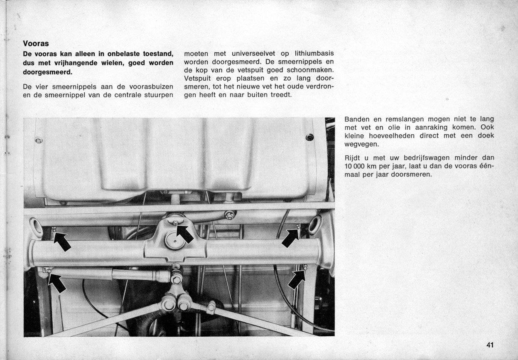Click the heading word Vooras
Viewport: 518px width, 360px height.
click(36, 44)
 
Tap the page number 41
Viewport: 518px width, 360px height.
click(490, 345)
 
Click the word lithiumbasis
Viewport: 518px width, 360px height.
click(314, 54)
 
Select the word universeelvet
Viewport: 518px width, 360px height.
click(253, 54)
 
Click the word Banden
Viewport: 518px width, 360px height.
click(357, 119)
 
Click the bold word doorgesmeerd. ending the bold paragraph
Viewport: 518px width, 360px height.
click(48, 72)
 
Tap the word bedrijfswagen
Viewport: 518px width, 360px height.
click(427, 158)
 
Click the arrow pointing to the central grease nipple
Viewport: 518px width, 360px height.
click(185, 234)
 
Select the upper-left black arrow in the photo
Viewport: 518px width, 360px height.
click(62, 242)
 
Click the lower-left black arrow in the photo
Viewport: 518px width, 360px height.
click(57, 283)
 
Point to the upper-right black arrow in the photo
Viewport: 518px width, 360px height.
click(290, 238)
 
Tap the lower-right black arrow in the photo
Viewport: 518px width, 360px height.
click(297, 280)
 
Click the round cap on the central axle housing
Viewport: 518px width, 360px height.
click(175, 241)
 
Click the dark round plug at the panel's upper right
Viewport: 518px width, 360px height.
click(309, 137)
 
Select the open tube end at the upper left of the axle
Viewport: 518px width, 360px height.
click(36, 227)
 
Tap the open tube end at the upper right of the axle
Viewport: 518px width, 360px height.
click(315, 224)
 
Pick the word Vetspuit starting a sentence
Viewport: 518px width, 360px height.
click(197, 79)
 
